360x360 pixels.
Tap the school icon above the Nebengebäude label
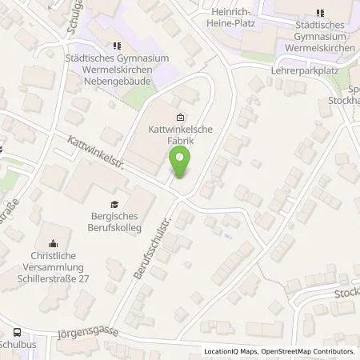(118, 46)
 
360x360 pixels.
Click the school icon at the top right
(320, 14)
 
